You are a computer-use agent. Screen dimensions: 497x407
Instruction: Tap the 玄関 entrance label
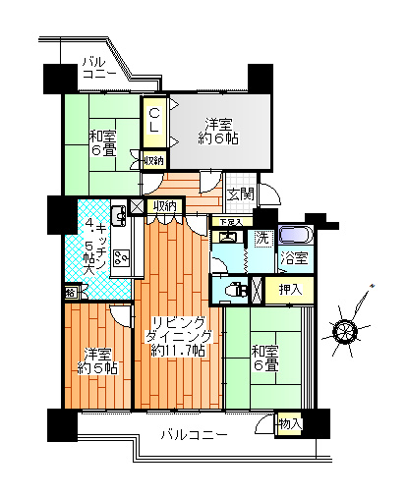[242, 194]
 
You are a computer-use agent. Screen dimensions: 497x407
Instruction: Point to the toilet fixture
[232, 289]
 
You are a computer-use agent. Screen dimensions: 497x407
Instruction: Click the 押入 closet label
[290, 290]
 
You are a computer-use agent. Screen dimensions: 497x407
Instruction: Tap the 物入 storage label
[290, 425]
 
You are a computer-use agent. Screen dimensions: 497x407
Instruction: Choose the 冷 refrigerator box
[71, 293]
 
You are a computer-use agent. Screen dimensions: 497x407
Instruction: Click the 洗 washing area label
[262, 237]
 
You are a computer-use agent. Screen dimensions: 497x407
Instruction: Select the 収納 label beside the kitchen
[164, 205]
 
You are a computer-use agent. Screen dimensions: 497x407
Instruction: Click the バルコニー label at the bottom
[194, 434]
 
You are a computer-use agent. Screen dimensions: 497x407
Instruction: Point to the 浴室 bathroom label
[293, 259]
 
